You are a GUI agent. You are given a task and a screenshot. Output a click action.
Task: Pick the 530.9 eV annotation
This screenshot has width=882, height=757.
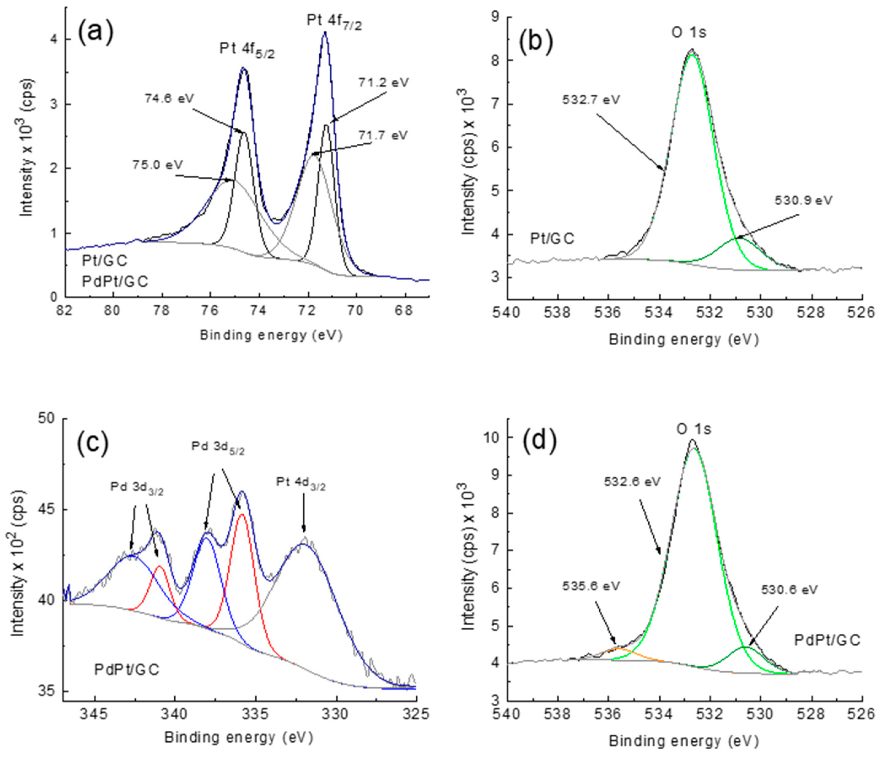(x=803, y=200)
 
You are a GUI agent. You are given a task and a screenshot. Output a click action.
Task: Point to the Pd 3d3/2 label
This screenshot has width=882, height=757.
(x=137, y=489)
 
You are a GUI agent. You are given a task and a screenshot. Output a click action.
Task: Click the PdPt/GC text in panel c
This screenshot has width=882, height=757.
(x=127, y=670)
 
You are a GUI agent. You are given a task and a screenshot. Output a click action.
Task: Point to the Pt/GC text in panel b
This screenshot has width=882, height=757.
(x=552, y=239)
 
